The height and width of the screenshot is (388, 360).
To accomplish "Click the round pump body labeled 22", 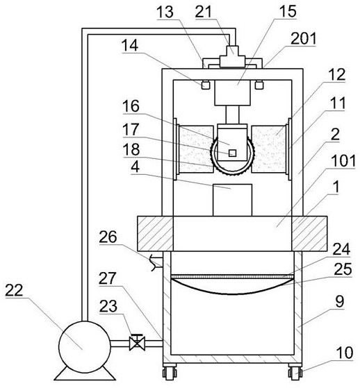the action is [x=85, y=346].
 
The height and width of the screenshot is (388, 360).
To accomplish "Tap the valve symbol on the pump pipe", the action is [x=137, y=342].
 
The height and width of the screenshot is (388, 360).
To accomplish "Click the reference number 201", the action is [x=303, y=38].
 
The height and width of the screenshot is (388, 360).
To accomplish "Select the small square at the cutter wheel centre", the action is [x=232, y=153].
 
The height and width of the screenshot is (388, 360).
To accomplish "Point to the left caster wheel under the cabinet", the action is [x=170, y=371].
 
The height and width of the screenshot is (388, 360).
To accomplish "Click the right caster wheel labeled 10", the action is [x=295, y=371].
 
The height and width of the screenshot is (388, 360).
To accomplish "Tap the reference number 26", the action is [x=108, y=237].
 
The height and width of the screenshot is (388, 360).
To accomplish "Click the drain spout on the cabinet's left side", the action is [x=156, y=263].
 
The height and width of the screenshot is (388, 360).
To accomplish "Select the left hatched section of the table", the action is [x=155, y=233].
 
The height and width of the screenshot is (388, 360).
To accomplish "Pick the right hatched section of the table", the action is [x=309, y=233].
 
